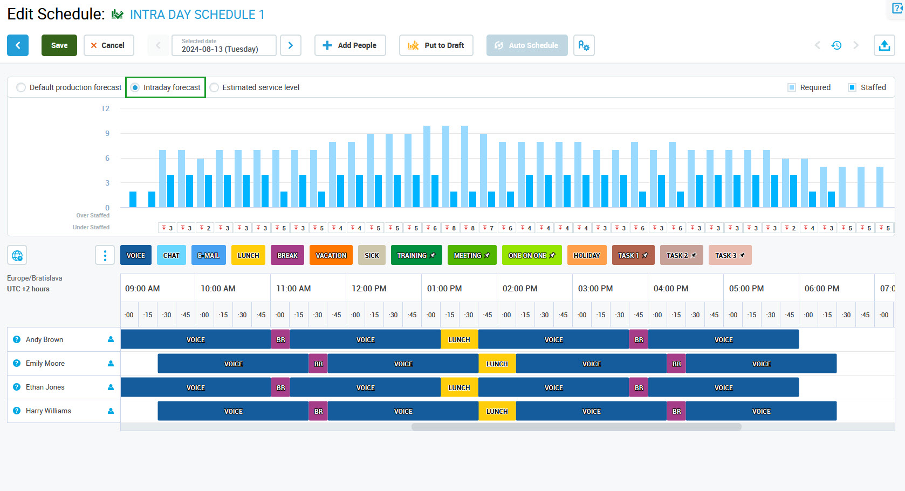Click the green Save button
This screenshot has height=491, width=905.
[x=59, y=45]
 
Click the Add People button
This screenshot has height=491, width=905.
[x=349, y=45]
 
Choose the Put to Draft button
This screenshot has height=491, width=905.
[x=436, y=45]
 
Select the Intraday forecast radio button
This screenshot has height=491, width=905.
[x=135, y=87]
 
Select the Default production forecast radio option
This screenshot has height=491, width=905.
[x=21, y=87]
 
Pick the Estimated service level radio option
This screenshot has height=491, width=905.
[x=215, y=87]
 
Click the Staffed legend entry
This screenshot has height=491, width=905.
[x=867, y=87]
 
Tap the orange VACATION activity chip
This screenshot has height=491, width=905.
[x=331, y=255]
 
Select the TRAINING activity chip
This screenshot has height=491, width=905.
[x=416, y=255]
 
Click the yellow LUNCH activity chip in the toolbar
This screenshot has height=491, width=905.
[x=248, y=255]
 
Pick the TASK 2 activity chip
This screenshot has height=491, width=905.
[x=681, y=255]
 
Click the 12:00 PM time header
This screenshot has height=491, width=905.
[x=369, y=289]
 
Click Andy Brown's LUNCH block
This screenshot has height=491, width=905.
[x=459, y=339]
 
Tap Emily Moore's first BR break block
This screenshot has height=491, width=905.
[x=318, y=364]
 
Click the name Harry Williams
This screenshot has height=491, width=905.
[x=49, y=411]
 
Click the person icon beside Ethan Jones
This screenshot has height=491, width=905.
[x=111, y=387]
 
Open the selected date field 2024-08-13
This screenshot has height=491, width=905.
[x=224, y=45]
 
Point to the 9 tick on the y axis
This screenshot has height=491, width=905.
[x=107, y=133]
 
